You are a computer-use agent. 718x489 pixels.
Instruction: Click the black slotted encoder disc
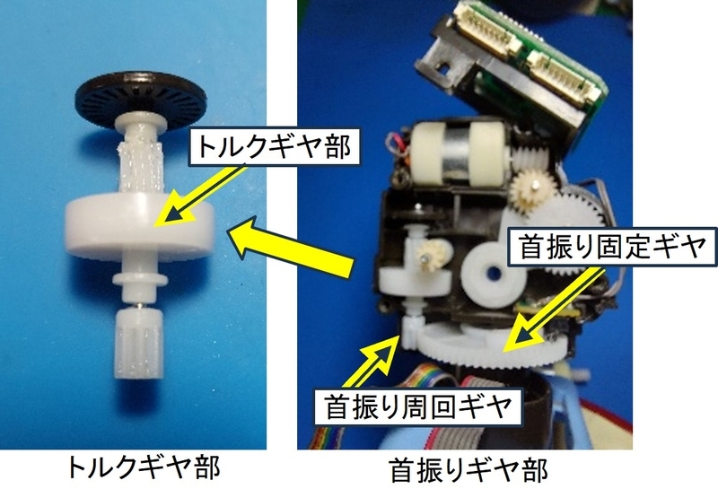(141, 98)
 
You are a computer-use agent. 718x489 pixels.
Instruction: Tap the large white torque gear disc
(140, 226)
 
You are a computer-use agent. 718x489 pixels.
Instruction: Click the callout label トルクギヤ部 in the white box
(275, 146)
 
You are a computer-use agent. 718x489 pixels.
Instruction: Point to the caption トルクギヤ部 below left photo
(144, 467)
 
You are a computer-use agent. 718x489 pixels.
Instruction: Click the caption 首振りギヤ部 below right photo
(468, 470)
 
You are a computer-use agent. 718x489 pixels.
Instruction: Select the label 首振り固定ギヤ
(612, 247)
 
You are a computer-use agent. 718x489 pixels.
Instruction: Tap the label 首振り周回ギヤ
(417, 406)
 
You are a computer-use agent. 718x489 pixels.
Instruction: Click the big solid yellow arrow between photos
(291, 249)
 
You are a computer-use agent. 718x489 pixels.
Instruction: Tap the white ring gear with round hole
(493, 275)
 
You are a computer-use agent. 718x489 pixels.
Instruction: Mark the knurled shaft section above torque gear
(142, 168)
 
